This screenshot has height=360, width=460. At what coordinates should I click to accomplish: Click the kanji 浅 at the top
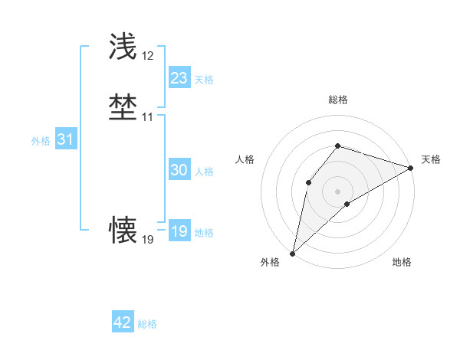point(123,47)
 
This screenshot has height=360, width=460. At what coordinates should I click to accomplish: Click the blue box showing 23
point(179,78)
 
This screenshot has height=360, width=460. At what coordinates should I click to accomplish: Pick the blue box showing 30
point(179,170)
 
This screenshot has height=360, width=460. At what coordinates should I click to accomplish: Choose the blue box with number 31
point(65,139)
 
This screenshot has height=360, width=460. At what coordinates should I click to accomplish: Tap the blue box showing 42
point(123,322)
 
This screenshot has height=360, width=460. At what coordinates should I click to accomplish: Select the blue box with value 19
point(179,231)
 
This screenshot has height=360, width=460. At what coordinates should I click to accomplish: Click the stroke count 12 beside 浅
point(147,57)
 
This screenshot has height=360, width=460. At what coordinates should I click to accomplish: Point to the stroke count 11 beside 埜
point(147,117)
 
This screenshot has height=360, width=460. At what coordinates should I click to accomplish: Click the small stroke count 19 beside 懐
point(147,240)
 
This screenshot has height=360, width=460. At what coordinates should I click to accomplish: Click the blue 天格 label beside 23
point(204,80)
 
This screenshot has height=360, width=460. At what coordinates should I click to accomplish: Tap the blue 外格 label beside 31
point(41,141)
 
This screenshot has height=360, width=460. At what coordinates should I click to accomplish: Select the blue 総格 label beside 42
point(147,324)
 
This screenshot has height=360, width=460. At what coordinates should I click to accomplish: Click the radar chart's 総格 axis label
point(337,100)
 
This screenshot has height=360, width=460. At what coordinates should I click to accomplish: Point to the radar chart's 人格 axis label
point(245,159)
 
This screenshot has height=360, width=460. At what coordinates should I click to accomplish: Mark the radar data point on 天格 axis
point(411,168)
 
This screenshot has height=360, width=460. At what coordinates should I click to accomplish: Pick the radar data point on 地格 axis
point(347,204)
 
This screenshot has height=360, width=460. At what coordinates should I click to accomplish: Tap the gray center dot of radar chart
point(337,191)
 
